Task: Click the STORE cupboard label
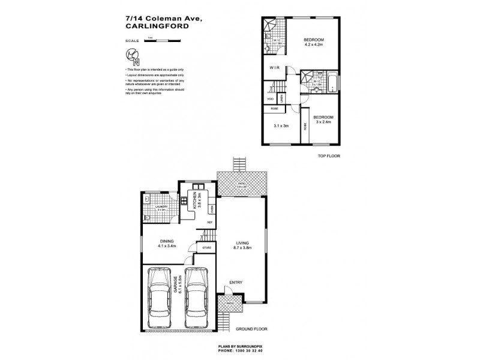(x=207, y=247)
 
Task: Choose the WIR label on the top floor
(x=275, y=68)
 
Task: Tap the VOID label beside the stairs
(x=270, y=98)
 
